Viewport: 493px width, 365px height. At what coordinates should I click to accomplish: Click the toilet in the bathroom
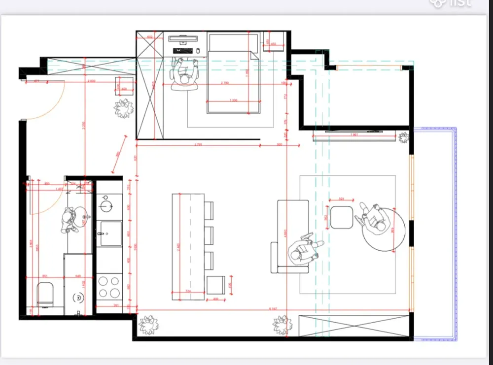[x=45, y=295]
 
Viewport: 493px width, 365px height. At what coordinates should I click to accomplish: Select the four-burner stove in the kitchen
[x=108, y=287]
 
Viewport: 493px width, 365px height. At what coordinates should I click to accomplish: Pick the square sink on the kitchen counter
[x=110, y=233]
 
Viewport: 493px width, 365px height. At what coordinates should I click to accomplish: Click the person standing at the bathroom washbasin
[x=72, y=220]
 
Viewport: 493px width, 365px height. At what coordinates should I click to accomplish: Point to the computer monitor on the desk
[x=183, y=36]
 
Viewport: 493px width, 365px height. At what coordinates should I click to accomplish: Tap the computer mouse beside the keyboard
[x=198, y=50]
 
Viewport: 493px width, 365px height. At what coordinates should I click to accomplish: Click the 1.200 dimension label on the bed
[x=233, y=100]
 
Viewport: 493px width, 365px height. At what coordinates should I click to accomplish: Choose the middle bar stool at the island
[x=209, y=235]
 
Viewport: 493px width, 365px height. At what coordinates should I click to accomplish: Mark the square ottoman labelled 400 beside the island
[x=215, y=285]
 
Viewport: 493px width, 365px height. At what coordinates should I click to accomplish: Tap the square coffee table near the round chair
[x=341, y=217]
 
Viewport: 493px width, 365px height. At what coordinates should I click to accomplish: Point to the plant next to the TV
[x=404, y=136]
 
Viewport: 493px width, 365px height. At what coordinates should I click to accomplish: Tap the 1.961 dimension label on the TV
[x=353, y=134]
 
